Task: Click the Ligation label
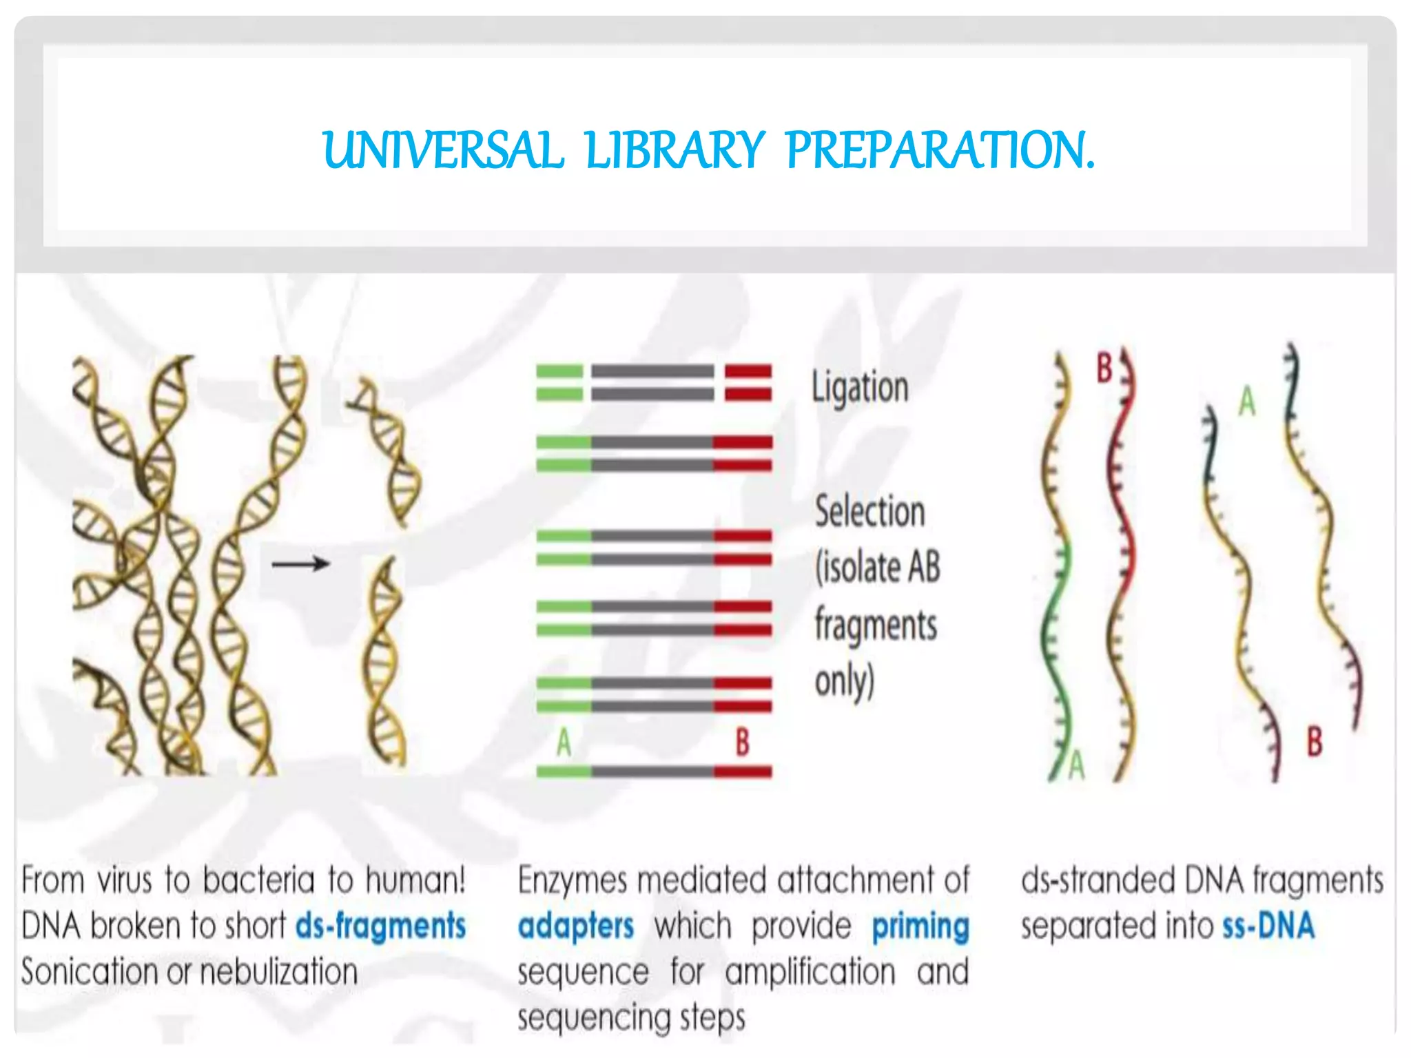tap(860, 388)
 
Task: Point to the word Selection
tap(869, 512)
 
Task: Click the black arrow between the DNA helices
tap(300, 564)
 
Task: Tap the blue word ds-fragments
tap(380, 926)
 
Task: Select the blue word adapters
tap(575, 926)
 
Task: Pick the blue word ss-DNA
tap(1268, 926)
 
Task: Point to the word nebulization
tap(278, 972)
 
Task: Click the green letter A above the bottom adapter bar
tap(564, 743)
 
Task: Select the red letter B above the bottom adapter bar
tap(742, 743)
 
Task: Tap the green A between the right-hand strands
tap(1247, 402)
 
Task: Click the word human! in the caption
tap(415, 880)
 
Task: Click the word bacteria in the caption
tap(259, 880)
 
